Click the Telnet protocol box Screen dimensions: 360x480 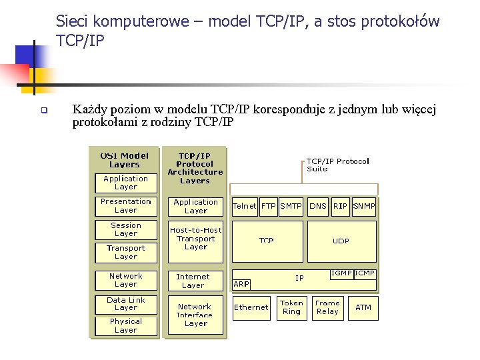coord(244,206)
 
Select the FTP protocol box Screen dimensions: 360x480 coord(269,206)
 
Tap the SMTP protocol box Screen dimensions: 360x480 coord(291,206)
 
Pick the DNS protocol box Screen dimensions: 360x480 coord(318,206)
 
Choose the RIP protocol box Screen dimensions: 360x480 coord(341,206)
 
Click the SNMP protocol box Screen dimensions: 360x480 coord(364,206)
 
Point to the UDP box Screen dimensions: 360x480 coord(341,241)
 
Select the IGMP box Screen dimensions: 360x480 coord(342,273)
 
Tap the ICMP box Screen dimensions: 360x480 coord(365,273)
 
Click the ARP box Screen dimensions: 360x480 coord(241,284)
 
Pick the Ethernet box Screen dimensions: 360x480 coord(251,307)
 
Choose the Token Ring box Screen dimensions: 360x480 coord(291,307)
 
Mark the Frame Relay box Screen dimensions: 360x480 coord(327,307)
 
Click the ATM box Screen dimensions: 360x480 coord(363,307)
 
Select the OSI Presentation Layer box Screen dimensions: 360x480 coord(126,205)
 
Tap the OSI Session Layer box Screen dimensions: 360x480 coord(126,229)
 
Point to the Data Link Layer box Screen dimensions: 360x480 coord(126,304)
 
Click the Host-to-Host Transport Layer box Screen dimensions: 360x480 coord(196,239)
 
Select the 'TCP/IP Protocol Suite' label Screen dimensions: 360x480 coord(337,165)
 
